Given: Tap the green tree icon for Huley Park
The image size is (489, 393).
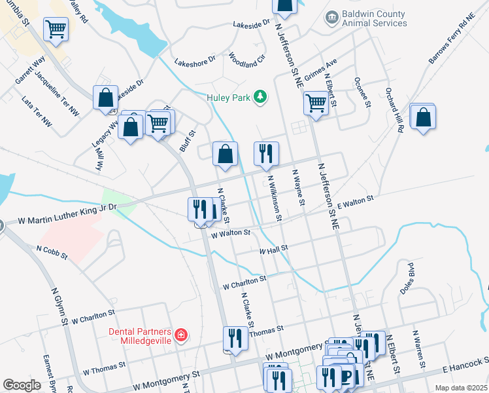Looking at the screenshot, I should (x=261, y=97).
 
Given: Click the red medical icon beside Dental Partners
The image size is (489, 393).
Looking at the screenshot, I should (x=180, y=336).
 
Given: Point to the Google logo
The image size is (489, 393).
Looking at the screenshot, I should (x=22, y=385).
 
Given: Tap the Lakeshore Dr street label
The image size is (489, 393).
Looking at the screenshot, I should (x=195, y=62).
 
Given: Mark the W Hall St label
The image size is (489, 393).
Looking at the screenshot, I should (x=273, y=250).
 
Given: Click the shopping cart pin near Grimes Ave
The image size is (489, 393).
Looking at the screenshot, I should (x=316, y=103).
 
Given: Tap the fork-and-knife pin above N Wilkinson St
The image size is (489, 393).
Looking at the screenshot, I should (x=266, y=154).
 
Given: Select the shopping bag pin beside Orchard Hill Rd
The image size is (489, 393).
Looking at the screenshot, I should (x=424, y=117).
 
